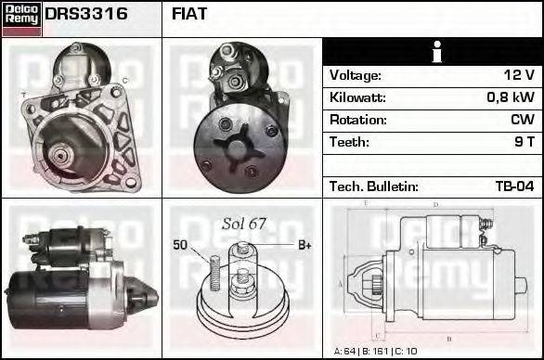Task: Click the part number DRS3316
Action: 86,15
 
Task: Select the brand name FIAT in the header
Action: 190,15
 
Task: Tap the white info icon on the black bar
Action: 433,53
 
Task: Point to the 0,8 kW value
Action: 511,97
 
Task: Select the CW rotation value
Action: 522,120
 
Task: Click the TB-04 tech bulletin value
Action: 514,186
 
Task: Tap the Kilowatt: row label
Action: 359,97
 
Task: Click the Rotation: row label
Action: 358,120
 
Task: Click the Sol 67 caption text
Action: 244,224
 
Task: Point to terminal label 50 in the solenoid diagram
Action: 180,245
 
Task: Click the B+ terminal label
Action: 304,245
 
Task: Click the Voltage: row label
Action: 356,75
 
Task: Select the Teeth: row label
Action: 349,142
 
